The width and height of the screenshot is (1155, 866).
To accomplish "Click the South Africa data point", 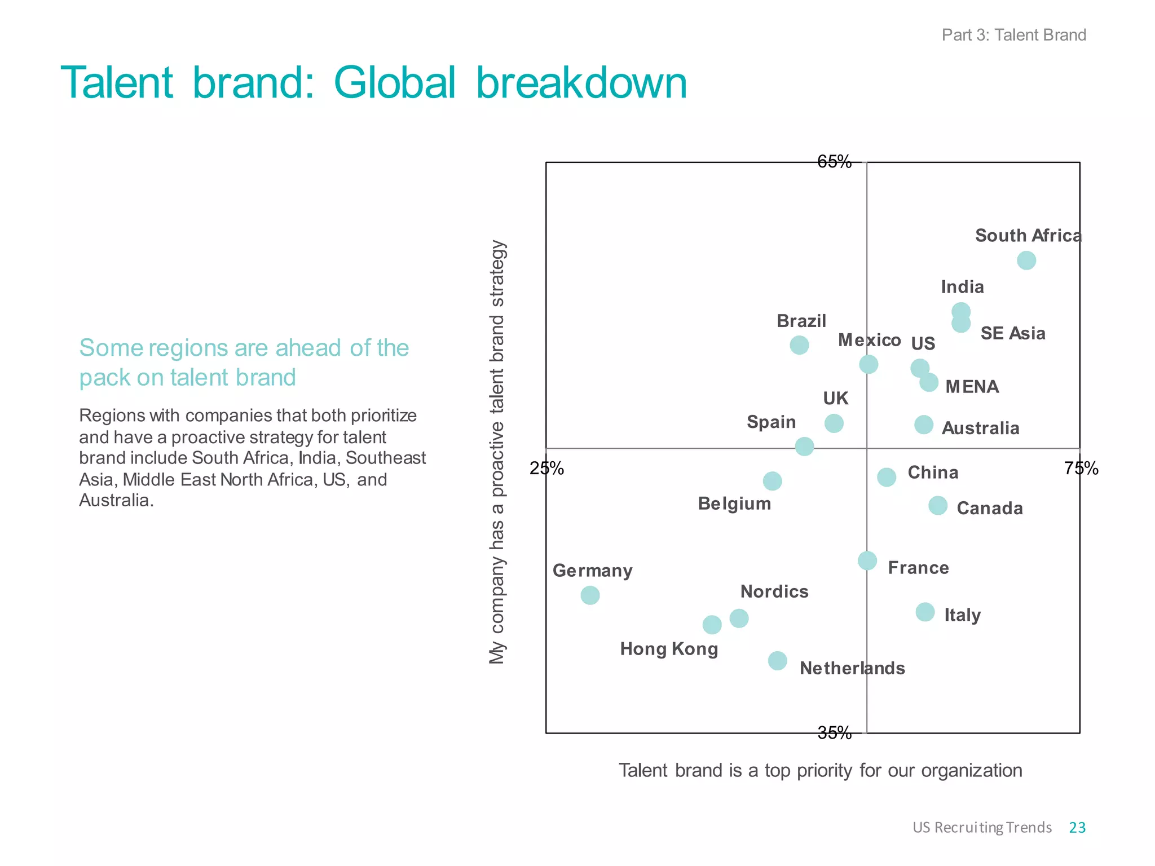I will click(1026, 260).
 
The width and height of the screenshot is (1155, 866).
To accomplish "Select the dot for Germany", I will click(590, 595).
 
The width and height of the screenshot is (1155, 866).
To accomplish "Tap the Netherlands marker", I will click(777, 661).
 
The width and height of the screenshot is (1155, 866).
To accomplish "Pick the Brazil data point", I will click(799, 345).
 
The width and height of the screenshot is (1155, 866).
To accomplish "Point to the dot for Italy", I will click(925, 612).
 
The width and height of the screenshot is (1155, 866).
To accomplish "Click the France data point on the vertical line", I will click(867, 560).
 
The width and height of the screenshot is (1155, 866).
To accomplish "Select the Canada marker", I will click(938, 506).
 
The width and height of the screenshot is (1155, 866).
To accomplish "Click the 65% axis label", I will click(834, 162).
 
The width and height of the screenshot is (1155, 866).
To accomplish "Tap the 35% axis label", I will click(834, 733).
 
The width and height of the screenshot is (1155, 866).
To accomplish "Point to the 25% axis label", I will click(546, 469).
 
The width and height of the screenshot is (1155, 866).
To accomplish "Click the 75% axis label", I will click(1081, 469).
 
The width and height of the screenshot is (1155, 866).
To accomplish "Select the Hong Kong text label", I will click(669, 649).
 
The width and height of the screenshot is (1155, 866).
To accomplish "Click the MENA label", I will click(972, 387).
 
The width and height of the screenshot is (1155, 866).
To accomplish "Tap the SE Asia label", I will click(1012, 333).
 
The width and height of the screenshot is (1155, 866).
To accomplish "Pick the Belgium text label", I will click(734, 503).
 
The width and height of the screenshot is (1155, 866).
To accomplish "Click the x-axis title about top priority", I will click(820, 770).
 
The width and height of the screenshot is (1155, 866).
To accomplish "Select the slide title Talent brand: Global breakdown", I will click(374, 83).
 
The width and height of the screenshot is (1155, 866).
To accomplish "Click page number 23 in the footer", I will click(1077, 827).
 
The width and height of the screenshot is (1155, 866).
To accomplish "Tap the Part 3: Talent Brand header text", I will click(1013, 35).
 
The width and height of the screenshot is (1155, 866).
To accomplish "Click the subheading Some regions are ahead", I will click(244, 363).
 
